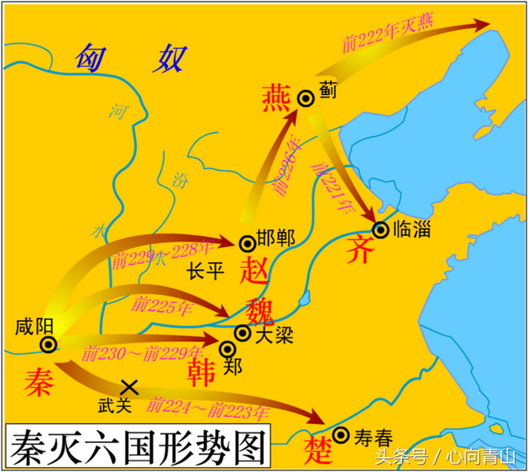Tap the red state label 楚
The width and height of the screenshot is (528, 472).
316,451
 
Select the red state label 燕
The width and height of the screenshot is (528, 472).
276,98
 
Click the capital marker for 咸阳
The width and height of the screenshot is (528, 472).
49,344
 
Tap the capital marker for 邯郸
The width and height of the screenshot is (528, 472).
247,243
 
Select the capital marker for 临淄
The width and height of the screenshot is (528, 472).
380,229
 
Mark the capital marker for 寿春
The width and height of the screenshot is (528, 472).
340,435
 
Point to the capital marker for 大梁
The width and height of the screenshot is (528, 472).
243,333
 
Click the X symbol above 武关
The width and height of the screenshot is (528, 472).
129,385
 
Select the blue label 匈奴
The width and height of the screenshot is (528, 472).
132,59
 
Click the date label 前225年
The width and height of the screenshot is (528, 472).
162,307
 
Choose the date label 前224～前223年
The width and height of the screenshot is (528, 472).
208,408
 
